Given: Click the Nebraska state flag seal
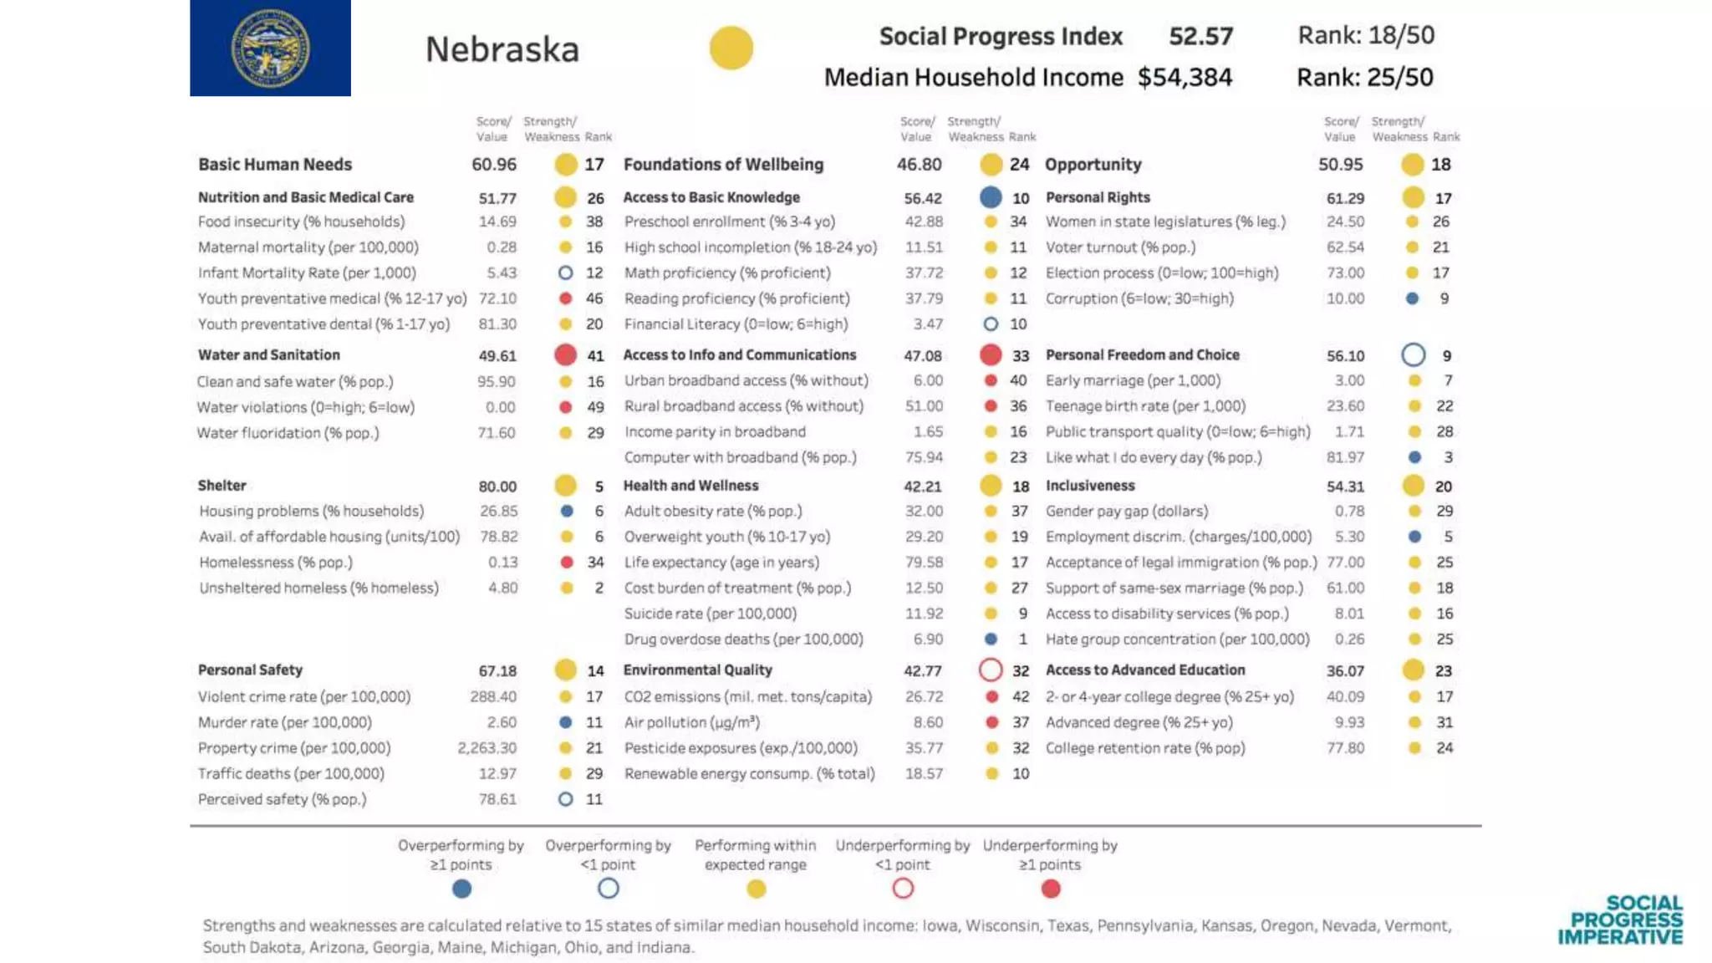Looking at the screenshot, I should tap(270, 48).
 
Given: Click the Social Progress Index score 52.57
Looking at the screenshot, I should tap(1200, 37).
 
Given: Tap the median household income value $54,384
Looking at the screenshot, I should tap(1185, 78).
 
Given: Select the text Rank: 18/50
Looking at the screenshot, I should tap(1366, 35).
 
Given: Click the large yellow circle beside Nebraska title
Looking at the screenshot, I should tap(731, 48).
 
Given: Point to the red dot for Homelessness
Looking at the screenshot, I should tap(567, 563).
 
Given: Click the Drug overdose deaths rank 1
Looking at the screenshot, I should tap(1022, 639).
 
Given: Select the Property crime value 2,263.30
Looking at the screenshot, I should tap(487, 748).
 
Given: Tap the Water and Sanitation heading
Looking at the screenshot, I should tap(269, 355).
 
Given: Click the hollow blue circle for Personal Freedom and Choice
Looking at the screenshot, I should tap(1413, 355).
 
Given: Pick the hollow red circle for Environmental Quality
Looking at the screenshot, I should tap(991, 670).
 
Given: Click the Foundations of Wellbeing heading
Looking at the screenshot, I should tap(723, 165).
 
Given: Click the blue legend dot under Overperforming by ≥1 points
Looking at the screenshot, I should tap(461, 889).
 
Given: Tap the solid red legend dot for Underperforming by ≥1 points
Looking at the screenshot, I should tap(1051, 889).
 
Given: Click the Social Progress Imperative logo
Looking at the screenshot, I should tap(1620, 920).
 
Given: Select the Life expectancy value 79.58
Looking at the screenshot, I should tap(924, 563).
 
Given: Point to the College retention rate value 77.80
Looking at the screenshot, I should tap(1345, 748).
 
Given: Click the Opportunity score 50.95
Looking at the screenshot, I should tap(1340, 165).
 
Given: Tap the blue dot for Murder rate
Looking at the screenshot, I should tap(566, 722).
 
